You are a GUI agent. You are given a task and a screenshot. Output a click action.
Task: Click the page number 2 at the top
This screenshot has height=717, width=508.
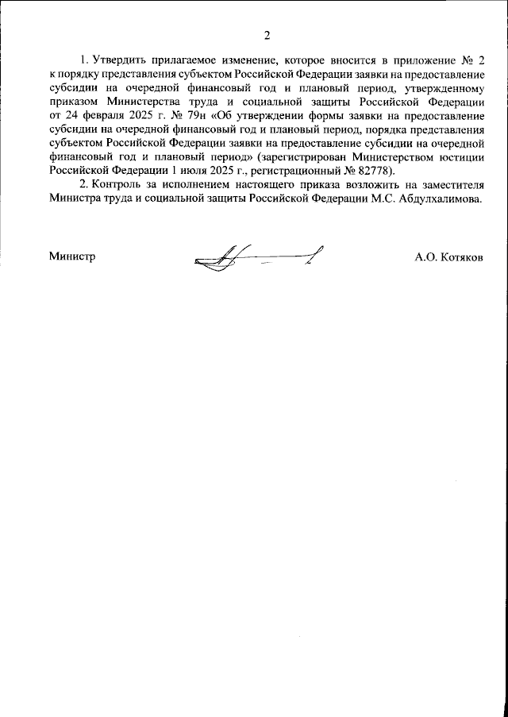point(267,35)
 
